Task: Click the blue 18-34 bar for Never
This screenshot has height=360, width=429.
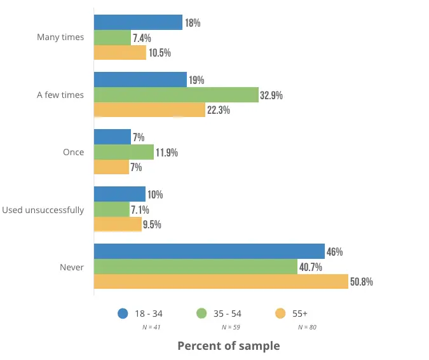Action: tap(209, 251)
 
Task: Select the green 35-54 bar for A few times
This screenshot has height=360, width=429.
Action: tap(176, 95)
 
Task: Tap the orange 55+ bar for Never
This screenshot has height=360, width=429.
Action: tap(221, 281)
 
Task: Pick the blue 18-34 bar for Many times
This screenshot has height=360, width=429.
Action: tap(138, 22)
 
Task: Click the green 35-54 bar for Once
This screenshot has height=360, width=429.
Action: tap(124, 152)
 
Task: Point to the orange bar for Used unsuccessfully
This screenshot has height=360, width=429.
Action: tap(118, 224)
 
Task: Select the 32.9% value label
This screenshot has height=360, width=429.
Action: tap(271, 95)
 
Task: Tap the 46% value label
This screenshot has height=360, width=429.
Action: tap(335, 251)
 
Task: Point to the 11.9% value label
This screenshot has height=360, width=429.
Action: tap(167, 153)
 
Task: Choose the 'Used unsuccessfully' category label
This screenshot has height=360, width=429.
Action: tap(43, 210)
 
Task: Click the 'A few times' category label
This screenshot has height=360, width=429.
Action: tap(60, 95)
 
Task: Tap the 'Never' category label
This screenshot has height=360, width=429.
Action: tap(72, 267)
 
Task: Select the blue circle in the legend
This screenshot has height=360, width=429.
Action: tap(123, 313)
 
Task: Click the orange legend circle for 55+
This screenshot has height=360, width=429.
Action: tap(279, 313)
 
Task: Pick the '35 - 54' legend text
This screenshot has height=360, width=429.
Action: tap(228, 314)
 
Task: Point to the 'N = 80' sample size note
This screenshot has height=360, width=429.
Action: tap(307, 327)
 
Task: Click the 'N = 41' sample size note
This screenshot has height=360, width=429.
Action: tap(151, 327)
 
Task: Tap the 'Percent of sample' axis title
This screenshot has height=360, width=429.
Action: tap(228, 346)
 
